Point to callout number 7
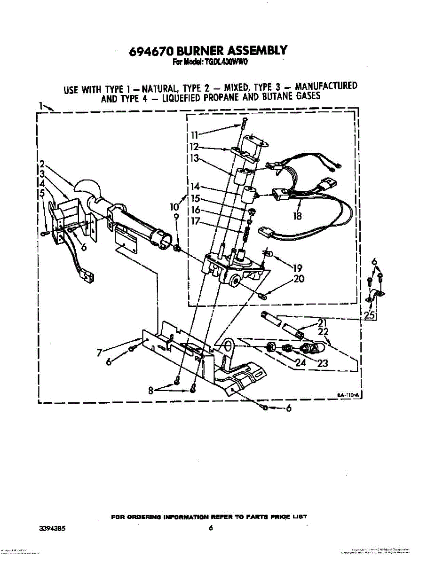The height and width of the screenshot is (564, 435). tap(100, 353)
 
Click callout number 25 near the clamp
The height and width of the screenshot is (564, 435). tap(370, 315)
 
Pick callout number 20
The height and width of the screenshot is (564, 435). tap(299, 279)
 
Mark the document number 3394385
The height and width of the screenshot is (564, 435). tap(52, 528)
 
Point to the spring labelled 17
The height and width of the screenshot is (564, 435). tap(245, 234)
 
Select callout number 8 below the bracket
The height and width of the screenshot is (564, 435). tap(151, 389)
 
